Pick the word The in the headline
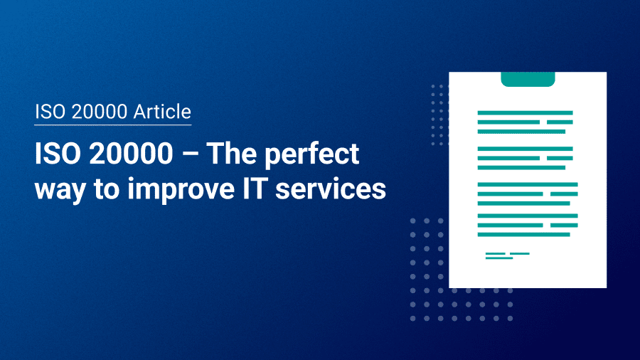pyautogui.click(x=231, y=156)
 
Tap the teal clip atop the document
pyautogui.click(x=528, y=79)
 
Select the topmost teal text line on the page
pyautogui.click(x=525, y=112)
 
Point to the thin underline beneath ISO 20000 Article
pyautogui.click(x=113, y=125)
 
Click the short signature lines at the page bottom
pyautogui.click(x=506, y=255)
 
